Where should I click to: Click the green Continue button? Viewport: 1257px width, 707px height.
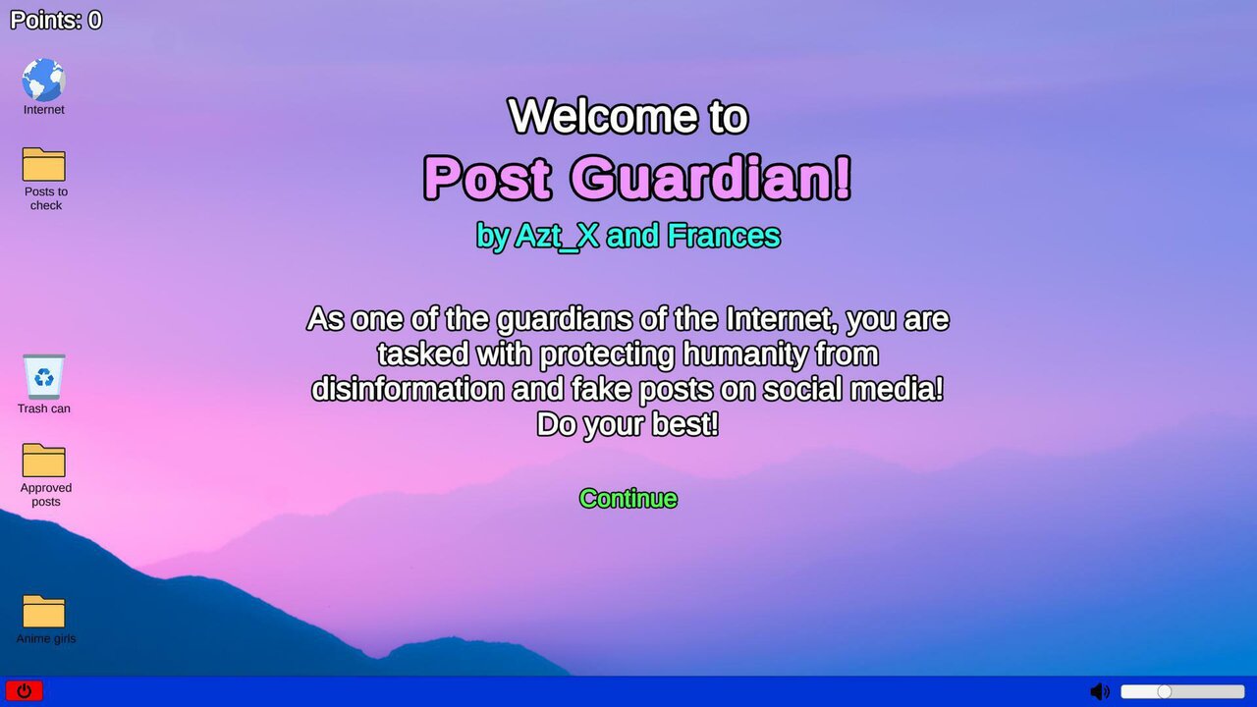point(628,499)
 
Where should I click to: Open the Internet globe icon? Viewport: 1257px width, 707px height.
point(44,80)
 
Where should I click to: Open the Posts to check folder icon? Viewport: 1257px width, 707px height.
point(44,164)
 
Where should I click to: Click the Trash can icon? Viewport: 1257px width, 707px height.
point(44,376)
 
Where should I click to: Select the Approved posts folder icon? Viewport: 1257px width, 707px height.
point(44,461)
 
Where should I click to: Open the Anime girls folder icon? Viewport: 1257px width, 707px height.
point(44,611)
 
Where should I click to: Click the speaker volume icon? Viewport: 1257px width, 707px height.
point(1099,691)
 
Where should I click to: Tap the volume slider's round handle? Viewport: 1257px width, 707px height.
point(1165,691)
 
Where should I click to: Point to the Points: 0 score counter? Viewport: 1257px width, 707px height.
point(56,21)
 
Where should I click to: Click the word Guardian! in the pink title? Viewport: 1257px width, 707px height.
point(710,178)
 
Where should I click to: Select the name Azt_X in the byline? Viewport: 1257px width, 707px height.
point(557,236)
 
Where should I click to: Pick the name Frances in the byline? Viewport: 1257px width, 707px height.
point(724,236)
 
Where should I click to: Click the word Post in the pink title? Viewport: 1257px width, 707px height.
point(486,178)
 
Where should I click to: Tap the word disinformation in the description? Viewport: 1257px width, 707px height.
point(408,389)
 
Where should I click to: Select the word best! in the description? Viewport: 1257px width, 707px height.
point(684,424)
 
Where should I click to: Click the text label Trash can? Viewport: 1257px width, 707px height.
point(44,408)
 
